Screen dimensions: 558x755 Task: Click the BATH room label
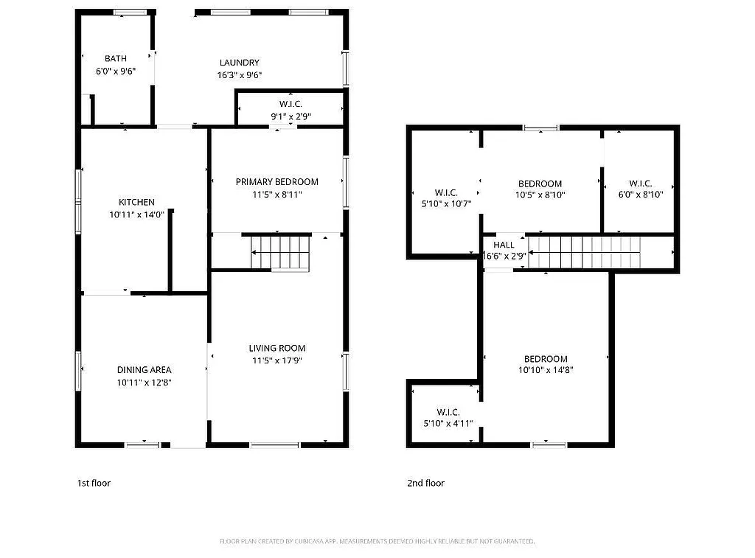click(x=115, y=59)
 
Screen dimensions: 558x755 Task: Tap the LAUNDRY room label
click(x=239, y=63)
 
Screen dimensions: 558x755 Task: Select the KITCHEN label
click(x=137, y=202)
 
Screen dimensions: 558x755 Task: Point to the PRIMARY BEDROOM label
click(x=276, y=182)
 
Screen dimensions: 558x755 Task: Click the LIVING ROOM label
click(x=276, y=348)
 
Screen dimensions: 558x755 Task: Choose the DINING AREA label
click(x=144, y=370)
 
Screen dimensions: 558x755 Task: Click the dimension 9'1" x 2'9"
click(x=290, y=116)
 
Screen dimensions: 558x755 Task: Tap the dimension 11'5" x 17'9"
click(x=276, y=360)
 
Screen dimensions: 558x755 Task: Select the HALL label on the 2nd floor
click(x=504, y=245)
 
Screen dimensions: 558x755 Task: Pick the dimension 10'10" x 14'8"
click(x=546, y=371)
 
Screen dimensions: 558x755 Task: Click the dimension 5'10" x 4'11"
click(x=448, y=424)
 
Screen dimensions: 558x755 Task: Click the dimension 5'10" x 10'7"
click(x=446, y=203)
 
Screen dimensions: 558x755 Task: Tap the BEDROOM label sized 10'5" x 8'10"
click(x=540, y=184)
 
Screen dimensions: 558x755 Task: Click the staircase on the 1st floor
click(x=280, y=252)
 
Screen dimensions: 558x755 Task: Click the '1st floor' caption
click(x=94, y=484)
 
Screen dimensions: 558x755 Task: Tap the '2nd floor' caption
click(x=425, y=484)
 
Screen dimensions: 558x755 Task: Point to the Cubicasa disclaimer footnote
click(x=377, y=542)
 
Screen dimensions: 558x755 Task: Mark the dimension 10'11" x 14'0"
click(x=137, y=215)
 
